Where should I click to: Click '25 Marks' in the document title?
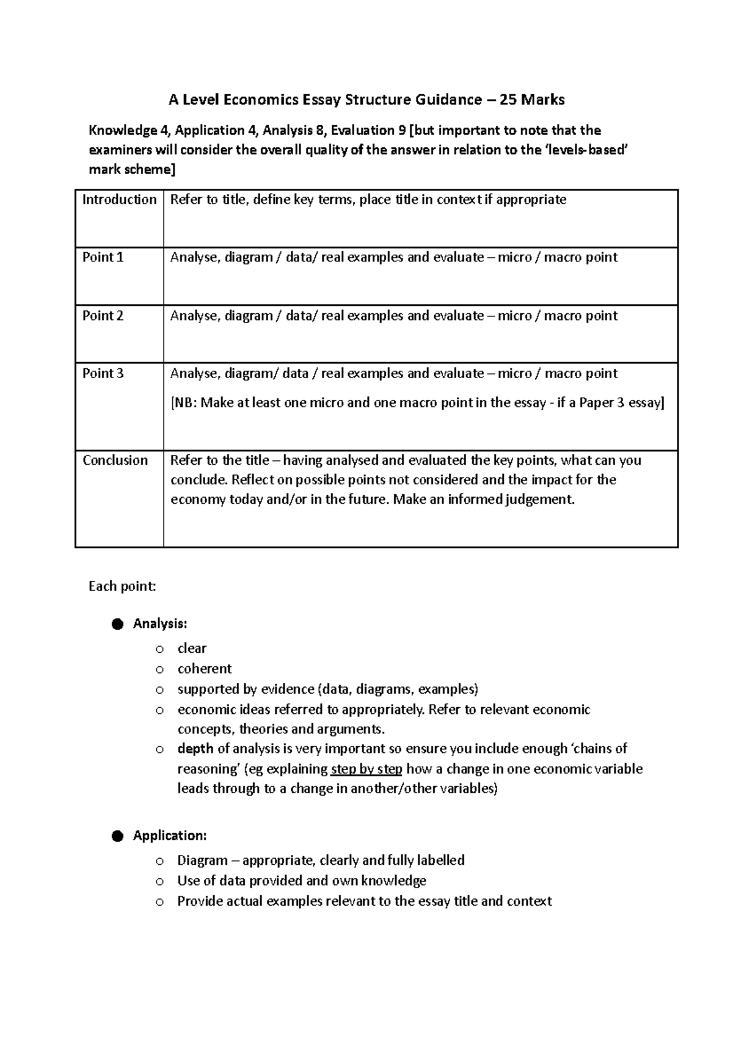point(532,100)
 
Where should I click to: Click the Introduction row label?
point(119,200)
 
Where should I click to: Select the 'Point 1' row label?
point(103,257)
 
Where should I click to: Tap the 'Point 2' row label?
point(103,316)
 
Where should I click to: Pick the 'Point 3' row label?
point(103,373)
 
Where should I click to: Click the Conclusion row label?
point(115,460)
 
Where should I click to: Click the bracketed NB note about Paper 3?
point(417,403)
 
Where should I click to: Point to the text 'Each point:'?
point(122,587)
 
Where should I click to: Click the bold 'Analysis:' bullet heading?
point(160,624)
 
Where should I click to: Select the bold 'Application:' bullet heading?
point(170,835)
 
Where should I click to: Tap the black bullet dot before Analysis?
point(118,624)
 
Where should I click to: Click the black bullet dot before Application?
point(118,836)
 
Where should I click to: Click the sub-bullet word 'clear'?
point(192,649)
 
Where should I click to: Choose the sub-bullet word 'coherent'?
point(205,669)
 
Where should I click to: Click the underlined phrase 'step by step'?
point(366,769)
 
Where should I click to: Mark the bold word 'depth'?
point(195,749)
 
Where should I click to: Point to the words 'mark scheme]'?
point(131,170)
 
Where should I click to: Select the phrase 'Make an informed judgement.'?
point(484,500)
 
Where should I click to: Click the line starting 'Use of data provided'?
point(302,881)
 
